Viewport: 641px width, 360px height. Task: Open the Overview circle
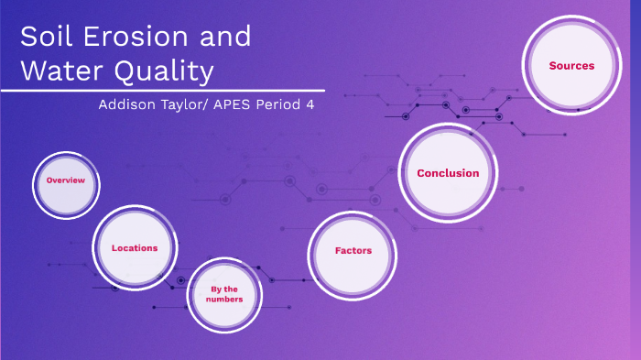tap(65, 180)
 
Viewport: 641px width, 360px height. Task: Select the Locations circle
tap(135, 247)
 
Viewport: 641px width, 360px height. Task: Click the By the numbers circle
tap(224, 294)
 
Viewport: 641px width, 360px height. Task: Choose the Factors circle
tap(353, 250)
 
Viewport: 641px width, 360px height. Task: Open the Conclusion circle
tap(448, 173)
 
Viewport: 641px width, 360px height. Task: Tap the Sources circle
tap(571, 66)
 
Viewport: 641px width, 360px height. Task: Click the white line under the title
tap(137, 90)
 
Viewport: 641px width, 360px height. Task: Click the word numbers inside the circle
tap(224, 300)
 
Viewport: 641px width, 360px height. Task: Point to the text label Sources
tap(571, 66)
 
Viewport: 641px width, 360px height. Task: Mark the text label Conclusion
tap(448, 173)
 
